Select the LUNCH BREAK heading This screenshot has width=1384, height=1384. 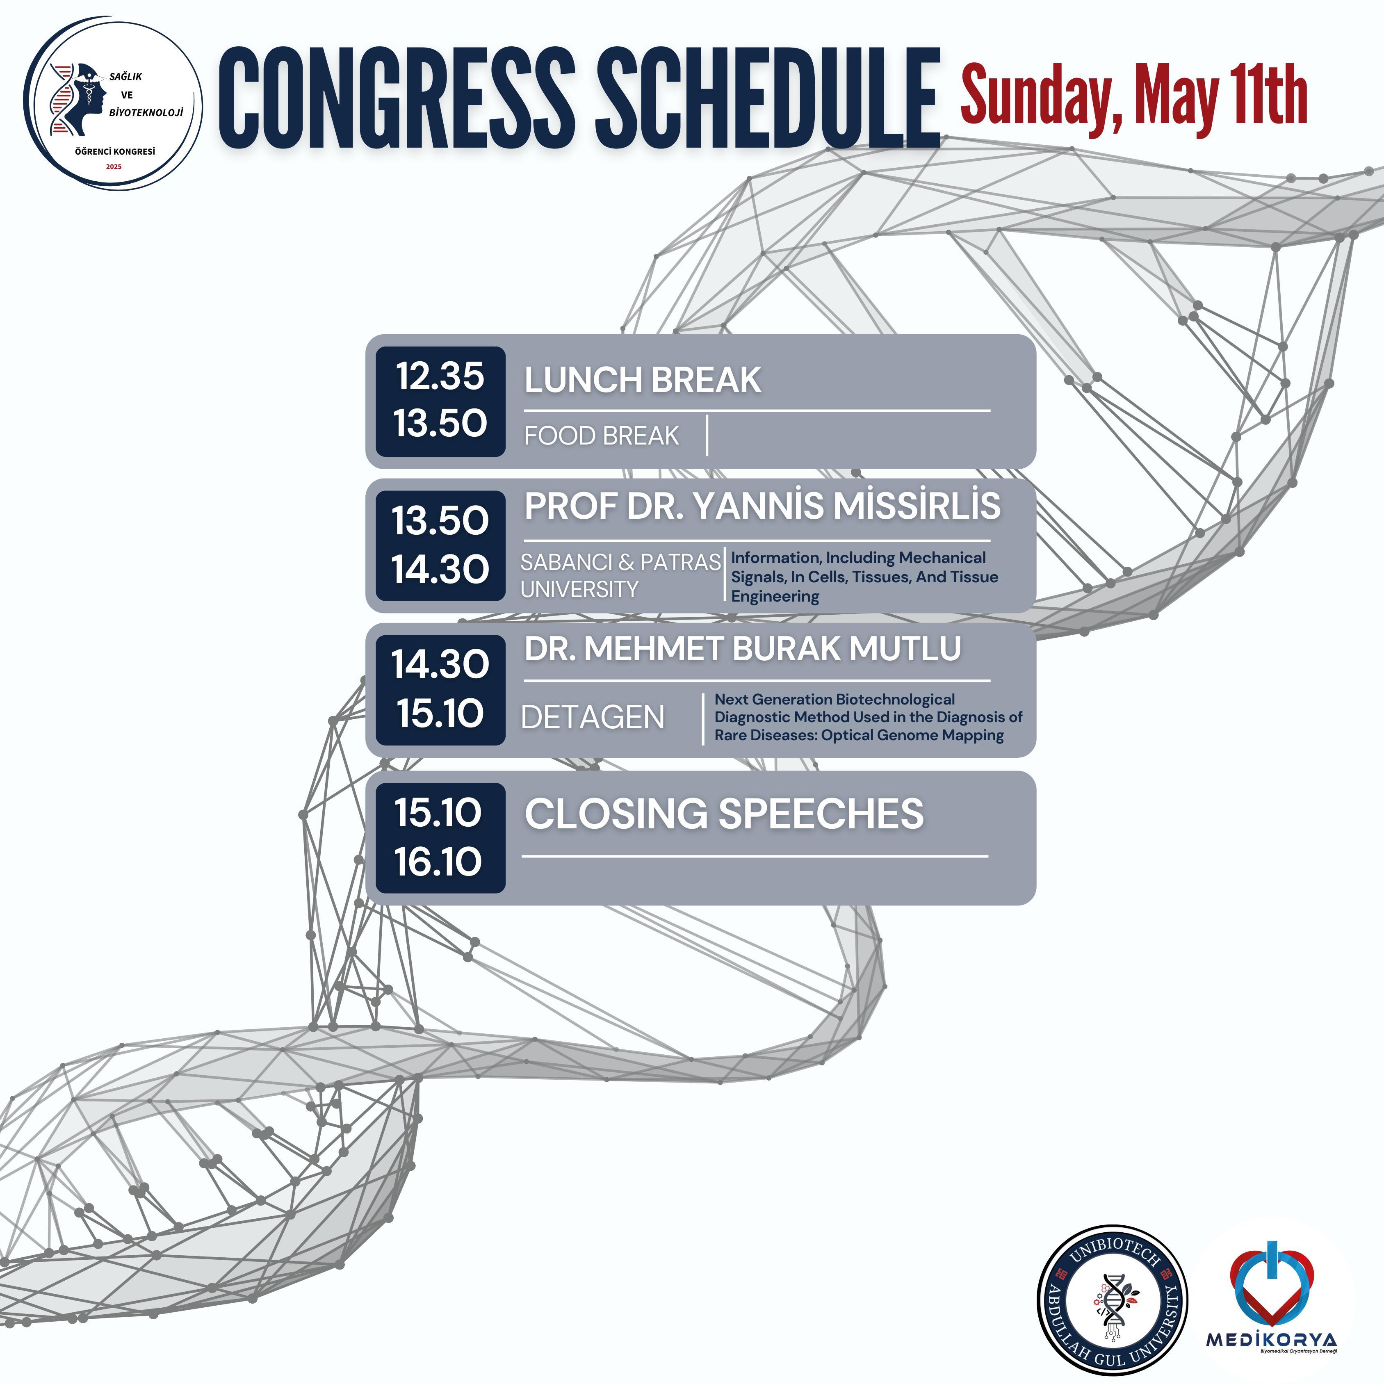[x=643, y=380]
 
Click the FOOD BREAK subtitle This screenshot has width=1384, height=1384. [x=602, y=435]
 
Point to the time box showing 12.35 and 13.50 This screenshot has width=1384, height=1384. [x=440, y=401]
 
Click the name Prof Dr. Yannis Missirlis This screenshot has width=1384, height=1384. [x=762, y=505]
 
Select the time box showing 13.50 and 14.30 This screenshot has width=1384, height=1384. [x=440, y=546]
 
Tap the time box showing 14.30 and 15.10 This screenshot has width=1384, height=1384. [x=440, y=690]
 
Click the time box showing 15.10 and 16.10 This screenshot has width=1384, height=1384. [x=440, y=837]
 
